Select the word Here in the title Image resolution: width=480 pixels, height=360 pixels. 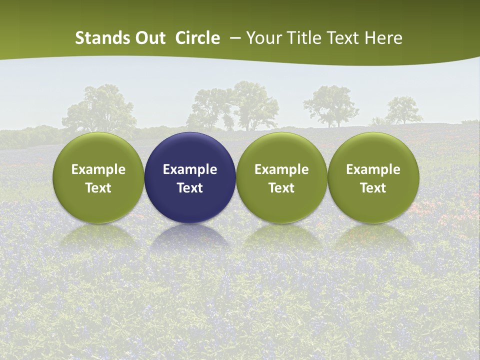(383, 38)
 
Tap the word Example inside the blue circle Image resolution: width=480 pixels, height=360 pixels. (190, 169)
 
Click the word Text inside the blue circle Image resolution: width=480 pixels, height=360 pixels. (190, 188)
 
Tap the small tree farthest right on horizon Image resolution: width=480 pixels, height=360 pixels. (404, 110)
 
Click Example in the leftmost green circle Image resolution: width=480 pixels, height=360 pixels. (98, 169)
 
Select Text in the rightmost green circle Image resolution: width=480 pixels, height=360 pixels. (373, 188)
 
